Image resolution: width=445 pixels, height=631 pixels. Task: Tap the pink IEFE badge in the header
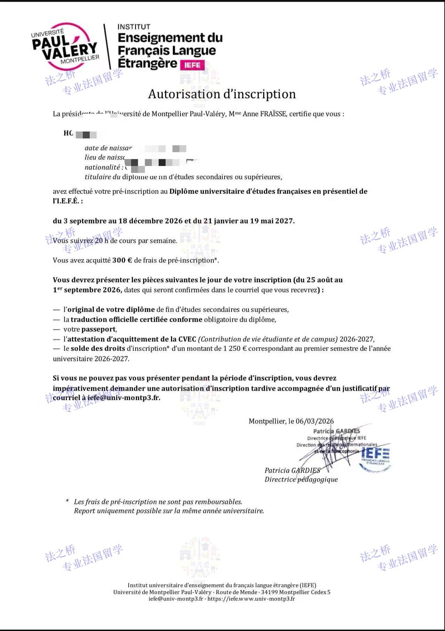[192, 65]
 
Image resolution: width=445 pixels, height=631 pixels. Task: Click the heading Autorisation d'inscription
[222, 94]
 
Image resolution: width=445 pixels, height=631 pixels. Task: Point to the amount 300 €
[122, 260]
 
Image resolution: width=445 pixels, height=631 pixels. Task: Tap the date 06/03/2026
[315, 421]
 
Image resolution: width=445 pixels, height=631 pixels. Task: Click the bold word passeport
[99, 329]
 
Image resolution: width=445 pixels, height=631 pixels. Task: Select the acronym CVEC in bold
[187, 339]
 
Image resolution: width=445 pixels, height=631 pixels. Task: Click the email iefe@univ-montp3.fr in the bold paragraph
[124, 398]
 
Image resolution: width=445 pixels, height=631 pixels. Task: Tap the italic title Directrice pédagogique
[301, 480]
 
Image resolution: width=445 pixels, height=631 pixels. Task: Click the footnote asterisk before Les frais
[67, 501]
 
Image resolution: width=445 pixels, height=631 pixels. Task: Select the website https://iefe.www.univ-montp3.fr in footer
[251, 599]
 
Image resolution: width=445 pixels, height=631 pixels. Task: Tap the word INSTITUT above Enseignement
[134, 27]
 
